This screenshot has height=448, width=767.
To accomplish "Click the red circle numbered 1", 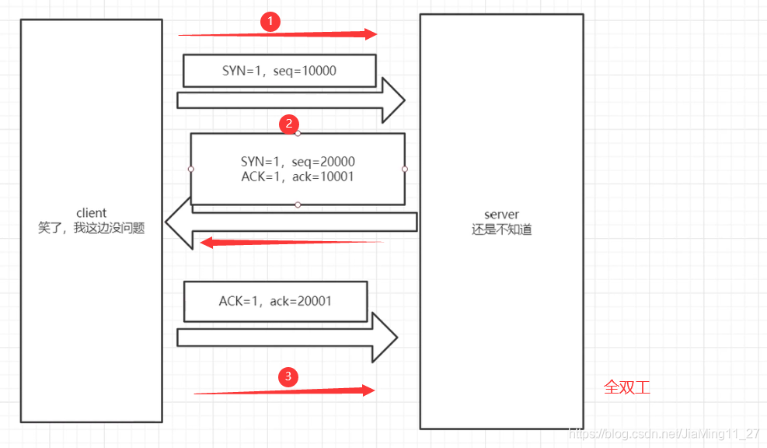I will point(270,22).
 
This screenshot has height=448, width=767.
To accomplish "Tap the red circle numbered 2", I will point(288,123).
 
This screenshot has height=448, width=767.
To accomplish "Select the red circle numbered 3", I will point(288,377).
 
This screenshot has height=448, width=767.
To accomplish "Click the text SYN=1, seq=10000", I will point(279,71).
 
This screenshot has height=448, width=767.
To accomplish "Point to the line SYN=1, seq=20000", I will point(298,162).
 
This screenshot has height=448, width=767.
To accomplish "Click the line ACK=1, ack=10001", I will point(298,177).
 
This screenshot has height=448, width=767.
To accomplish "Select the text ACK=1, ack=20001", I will point(275,301).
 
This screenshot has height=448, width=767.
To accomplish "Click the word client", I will point(91,213).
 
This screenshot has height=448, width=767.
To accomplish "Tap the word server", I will point(501,215).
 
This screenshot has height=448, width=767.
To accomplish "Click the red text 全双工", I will point(626,387).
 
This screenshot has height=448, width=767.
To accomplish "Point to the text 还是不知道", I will point(501,229).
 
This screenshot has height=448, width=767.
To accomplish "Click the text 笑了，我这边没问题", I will point(91,229).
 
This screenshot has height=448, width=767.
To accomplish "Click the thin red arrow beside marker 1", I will point(277,34).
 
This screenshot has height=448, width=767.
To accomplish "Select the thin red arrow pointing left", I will point(291,243).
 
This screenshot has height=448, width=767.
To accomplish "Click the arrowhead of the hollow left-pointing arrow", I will point(180,223).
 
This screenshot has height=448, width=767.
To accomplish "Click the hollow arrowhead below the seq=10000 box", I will point(392,100).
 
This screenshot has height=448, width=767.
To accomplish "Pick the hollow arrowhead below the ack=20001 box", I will point(385,338).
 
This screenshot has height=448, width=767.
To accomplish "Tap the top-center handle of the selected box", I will point(298,133).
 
